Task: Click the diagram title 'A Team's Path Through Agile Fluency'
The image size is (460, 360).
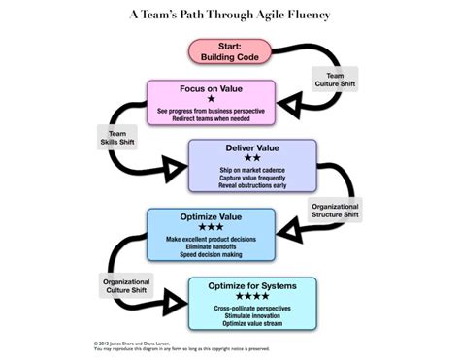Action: pyautogui.click(x=229, y=16)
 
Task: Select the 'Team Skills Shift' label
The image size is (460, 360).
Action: pyautogui.click(x=117, y=137)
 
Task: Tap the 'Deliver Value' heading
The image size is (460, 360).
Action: pyautogui.click(x=251, y=147)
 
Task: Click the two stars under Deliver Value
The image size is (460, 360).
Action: pyautogui.click(x=251, y=159)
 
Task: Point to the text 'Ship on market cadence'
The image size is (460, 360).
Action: pyautogui.click(x=251, y=171)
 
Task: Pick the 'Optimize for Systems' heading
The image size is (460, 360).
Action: pyautogui.click(x=250, y=285)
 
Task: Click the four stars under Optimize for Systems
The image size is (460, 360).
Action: pyautogui.click(x=250, y=297)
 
